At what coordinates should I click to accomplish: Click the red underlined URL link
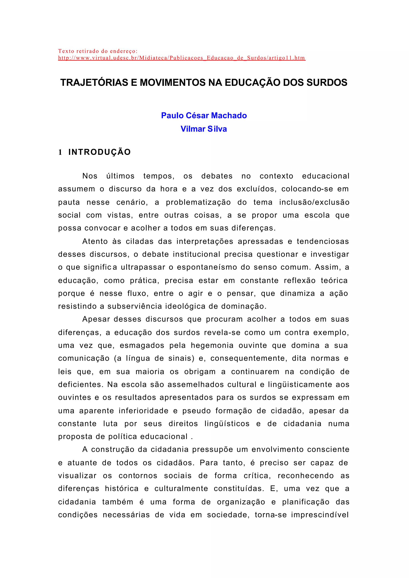pyautogui.click(x=182, y=58)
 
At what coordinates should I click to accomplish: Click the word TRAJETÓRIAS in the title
pyautogui.click(x=94, y=83)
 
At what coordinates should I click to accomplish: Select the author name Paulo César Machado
pyautogui.click(x=204, y=115)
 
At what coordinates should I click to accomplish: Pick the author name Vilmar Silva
pyautogui.click(x=204, y=129)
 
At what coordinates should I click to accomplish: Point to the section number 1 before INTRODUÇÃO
pyautogui.click(x=60, y=152)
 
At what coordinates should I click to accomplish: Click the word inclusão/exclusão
pyautogui.click(x=314, y=202)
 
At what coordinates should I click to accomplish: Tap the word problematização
pyautogui.click(x=198, y=202)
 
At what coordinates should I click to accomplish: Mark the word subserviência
pyautogui.click(x=135, y=306)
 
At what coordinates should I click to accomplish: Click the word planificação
pyautogui.click(x=306, y=502)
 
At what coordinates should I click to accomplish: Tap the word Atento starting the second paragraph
pyautogui.click(x=95, y=241)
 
